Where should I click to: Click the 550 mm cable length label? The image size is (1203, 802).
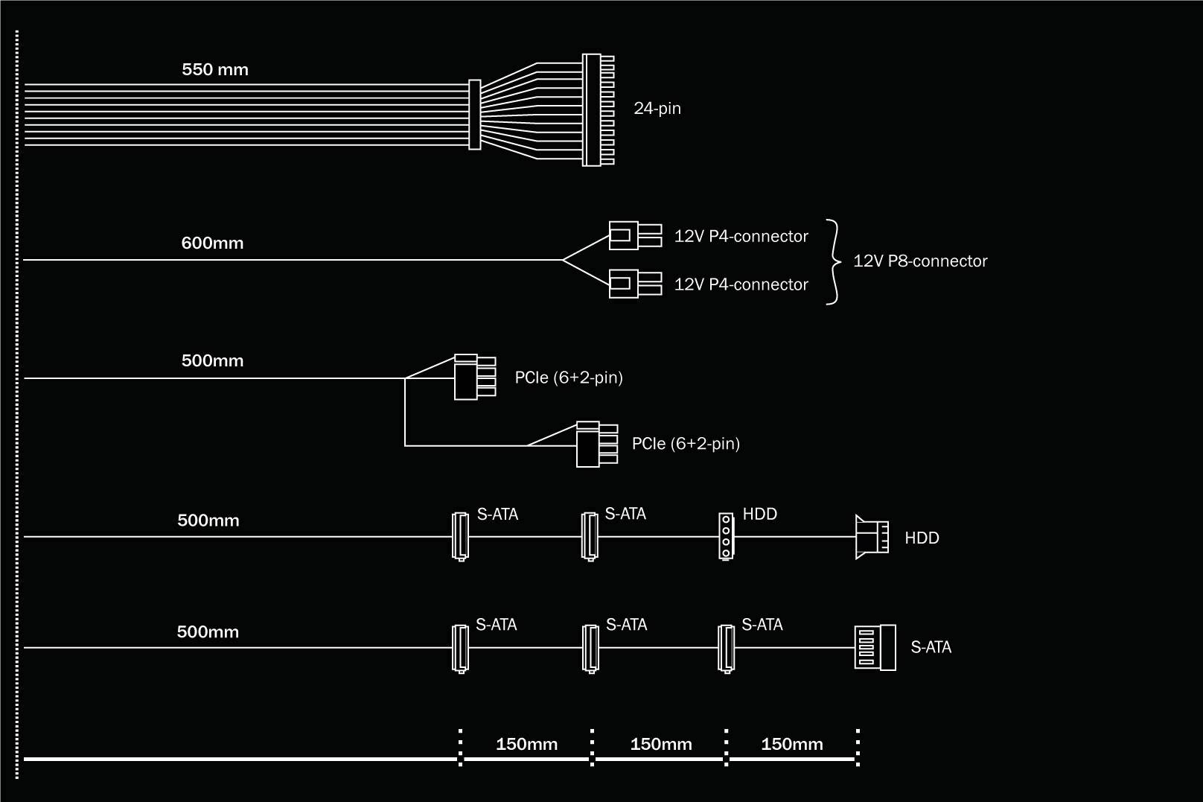point(215,70)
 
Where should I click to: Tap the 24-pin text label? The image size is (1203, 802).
point(657,109)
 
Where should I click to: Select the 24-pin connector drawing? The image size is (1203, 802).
point(598,109)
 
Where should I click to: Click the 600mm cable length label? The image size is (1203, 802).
point(212,244)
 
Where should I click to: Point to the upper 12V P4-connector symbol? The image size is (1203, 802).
point(634,235)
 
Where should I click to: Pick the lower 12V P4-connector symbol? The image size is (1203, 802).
point(634,284)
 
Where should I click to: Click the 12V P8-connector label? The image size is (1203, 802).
point(919,261)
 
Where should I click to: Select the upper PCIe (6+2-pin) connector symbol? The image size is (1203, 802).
point(473,377)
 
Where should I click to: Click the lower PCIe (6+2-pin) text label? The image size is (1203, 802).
point(685,444)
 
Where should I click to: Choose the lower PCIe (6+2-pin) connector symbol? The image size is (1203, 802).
point(596,445)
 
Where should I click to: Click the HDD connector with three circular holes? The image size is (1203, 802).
point(726,536)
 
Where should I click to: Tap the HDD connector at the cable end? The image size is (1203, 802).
point(871,537)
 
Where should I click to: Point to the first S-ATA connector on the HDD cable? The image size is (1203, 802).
point(461,536)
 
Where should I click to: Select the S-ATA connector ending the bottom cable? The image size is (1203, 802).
point(874,648)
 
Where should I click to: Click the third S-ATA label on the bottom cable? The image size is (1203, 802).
point(762,626)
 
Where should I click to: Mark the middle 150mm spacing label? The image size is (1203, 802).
point(660,744)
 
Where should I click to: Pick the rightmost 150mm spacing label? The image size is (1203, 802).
point(791,744)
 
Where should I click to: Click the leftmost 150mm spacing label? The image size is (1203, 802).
point(526,744)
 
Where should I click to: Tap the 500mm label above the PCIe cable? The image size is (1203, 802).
point(212,361)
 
